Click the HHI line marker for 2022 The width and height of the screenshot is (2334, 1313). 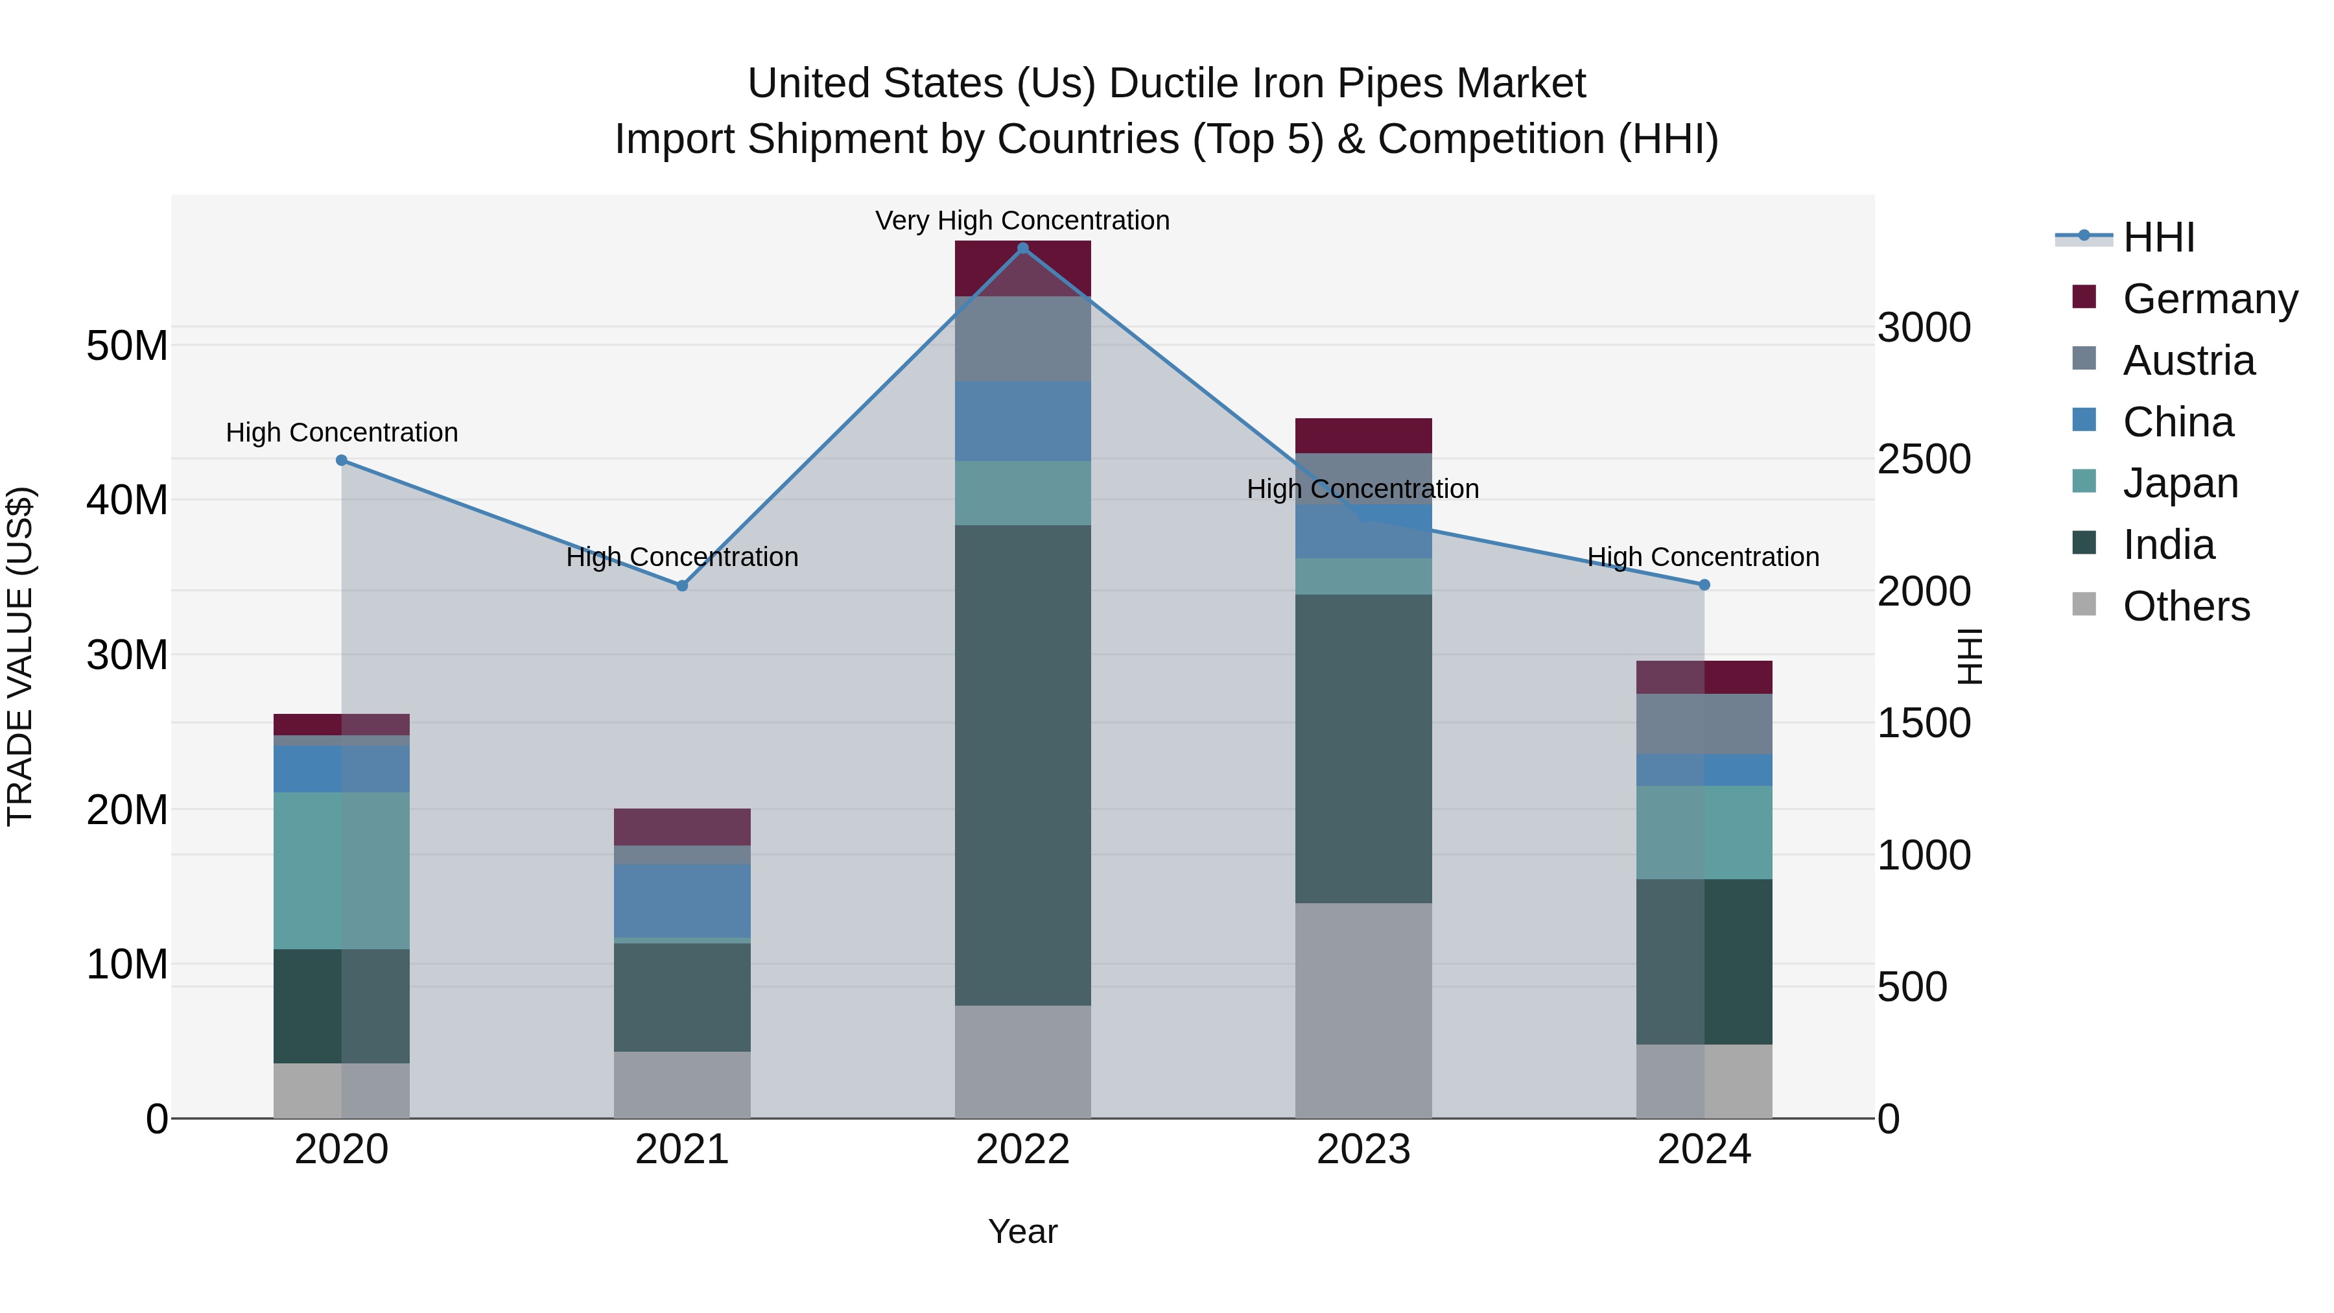pyautogui.click(x=1023, y=248)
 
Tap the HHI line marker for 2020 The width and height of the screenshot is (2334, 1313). pyautogui.click(x=342, y=460)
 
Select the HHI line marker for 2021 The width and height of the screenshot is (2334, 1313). pyautogui.click(x=682, y=586)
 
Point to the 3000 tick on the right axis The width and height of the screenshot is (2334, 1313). pyautogui.click(x=1924, y=327)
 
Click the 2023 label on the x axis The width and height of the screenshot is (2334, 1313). pyautogui.click(x=1363, y=1150)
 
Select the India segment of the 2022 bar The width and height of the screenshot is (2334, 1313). pyautogui.click(x=1023, y=766)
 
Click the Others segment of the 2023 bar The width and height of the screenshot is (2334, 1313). pyautogui.click(x=1363, y=1010)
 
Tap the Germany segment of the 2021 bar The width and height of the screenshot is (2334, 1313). pyautogui.click(x=682, y=827)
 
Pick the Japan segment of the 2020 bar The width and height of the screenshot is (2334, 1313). pyautogui.click(x=342, y=871)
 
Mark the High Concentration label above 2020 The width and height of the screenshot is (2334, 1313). pyautogui.click(x=342, y=432)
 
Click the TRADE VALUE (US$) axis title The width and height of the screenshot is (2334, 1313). pyautogui.click(x=20, y=656)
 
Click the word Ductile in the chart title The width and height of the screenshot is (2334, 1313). pyautogui.click(x=1175, y=84)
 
